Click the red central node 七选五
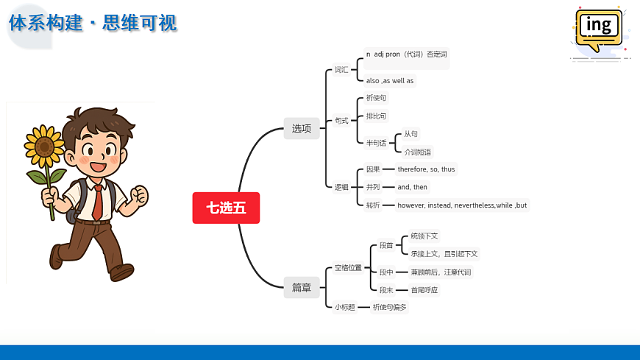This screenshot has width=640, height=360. pos(226,208)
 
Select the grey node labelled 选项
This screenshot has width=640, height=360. pos(302,128)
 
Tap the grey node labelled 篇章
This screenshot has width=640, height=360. pos(302,288)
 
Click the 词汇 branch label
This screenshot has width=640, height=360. pos(341,70)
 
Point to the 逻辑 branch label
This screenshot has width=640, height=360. pos(341,187)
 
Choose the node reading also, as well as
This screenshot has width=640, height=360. pos(390,80)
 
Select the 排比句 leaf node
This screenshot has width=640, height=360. pos(376,116)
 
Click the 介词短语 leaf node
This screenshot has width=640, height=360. pos(418,152)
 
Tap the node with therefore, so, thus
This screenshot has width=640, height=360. pos(426,169)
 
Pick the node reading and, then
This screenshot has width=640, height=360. pos(412,187)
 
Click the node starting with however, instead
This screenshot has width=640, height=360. pos(462,205)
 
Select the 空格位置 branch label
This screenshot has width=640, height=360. pos(348,267)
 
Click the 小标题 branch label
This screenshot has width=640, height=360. pos(345,307)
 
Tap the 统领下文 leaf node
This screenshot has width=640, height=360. pos(424,236)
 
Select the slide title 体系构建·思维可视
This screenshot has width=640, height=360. pos(93,23)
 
